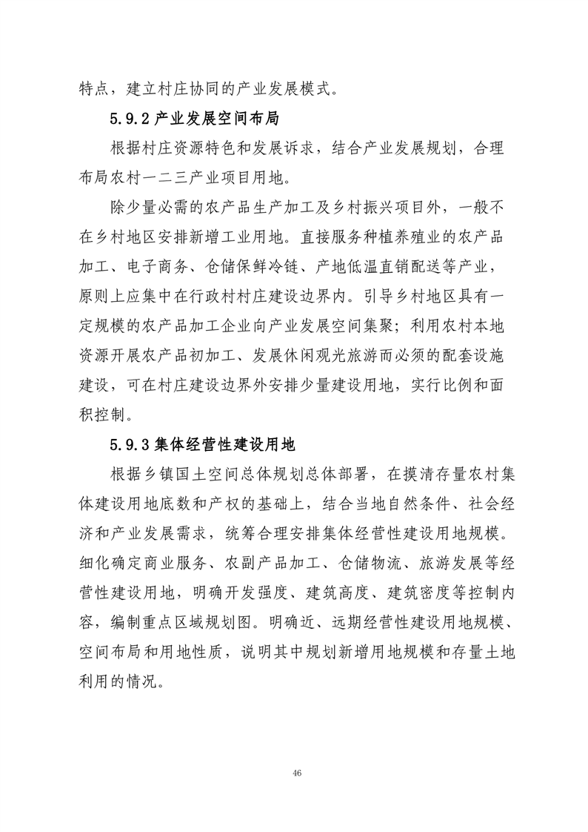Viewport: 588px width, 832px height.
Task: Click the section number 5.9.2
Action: pos(131,117)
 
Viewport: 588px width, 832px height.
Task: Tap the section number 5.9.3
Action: pos(131,445)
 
